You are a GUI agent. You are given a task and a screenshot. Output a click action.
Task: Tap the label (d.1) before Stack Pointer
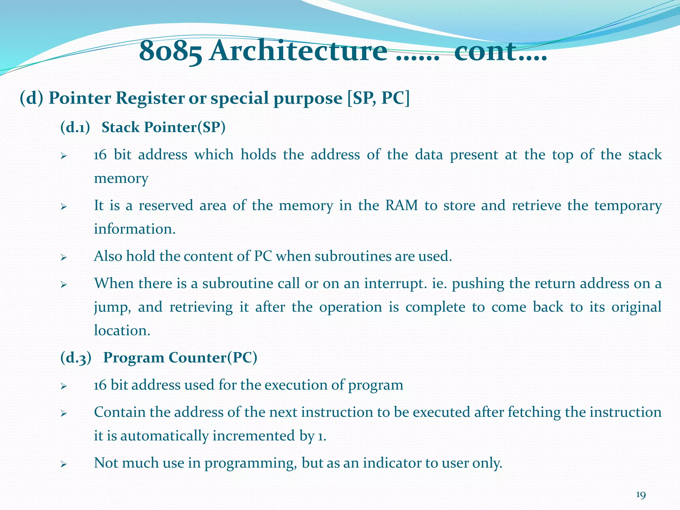(75, 127)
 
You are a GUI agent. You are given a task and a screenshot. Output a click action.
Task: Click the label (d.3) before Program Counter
(76, 358)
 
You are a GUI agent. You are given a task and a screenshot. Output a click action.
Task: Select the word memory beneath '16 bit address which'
(121, 179)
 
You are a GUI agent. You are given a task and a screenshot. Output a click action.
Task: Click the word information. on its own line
(135, 229)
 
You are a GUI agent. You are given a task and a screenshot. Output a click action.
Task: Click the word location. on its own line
(122, 331)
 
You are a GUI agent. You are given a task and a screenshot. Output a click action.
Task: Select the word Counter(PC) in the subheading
(212, 358)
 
